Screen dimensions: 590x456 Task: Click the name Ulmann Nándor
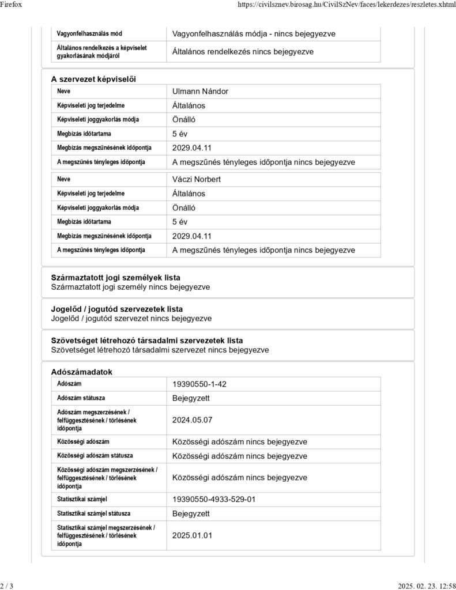[x=200, y=92]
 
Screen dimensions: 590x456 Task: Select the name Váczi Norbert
[x=197, y=179]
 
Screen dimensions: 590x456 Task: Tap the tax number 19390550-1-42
[x=203, y=384]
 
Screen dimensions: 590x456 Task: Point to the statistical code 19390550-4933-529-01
[x=214, y=500]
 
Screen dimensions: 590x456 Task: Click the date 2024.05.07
[x=193, y=420]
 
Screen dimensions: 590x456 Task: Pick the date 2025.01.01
[x=193, y=535]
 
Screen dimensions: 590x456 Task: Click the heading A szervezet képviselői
[x=93, y=78]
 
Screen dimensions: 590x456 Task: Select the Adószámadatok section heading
[x=81, y=372]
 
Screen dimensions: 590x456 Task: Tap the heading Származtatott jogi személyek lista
[x=115, y=278]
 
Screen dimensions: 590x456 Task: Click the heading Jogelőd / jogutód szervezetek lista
[x=117, y=309]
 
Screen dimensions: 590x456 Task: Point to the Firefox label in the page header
[x=12, y=5]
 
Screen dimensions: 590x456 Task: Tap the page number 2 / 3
[x=7, y=586]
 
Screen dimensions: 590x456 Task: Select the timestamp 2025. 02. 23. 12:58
[x=427, y=586]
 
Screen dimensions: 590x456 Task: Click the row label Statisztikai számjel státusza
[x=93, y=513]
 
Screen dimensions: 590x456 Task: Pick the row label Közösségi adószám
[x=83, y=442]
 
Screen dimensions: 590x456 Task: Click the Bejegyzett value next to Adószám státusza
[x=191, y=399]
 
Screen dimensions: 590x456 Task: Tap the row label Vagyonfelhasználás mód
[x=89, y=34]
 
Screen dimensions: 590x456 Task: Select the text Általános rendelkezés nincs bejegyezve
[x=243, y=52]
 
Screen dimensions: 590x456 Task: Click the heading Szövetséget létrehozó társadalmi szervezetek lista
[x=147, y=341]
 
